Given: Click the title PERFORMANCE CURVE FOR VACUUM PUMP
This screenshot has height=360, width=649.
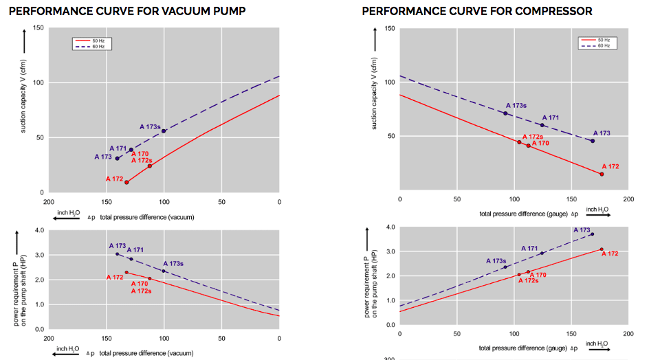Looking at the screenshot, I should (127, 11).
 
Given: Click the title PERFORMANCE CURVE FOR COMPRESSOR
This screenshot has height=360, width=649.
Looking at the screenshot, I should (477, 11).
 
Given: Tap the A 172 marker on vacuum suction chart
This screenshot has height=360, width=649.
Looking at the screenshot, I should (126, 182).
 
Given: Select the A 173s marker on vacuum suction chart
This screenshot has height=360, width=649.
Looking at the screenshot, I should (164, 131).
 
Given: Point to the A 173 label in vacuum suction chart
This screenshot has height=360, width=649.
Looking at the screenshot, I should (102, 157).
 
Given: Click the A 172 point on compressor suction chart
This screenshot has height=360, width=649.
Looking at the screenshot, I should (602, 174).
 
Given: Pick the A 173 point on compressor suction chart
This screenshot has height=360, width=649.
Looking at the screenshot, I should (593, 141).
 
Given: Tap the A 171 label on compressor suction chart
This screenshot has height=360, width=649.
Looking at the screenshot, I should (550, 118).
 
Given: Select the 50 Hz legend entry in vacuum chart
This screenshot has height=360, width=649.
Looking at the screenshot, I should (91, 41).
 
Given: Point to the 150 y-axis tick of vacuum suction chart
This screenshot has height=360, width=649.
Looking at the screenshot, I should (38, 28).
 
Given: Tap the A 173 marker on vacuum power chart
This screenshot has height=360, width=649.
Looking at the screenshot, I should (118, 254).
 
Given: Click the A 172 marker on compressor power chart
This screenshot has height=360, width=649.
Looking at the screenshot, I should (602, 249).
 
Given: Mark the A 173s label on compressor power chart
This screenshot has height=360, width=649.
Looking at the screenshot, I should (496, 261).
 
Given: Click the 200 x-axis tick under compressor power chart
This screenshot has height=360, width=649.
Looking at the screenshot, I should (628, 335).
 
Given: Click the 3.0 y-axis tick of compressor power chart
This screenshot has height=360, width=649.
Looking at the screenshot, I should (390, 251).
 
